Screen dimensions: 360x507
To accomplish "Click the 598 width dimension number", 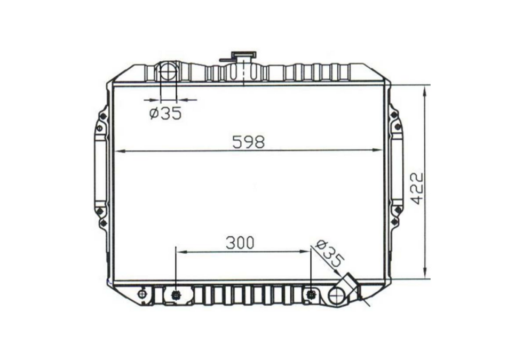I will [x=248, y=142].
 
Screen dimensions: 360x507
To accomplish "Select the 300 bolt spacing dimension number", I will [x=240, y=243].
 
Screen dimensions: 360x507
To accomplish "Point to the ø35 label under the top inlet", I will [x=165, y=113].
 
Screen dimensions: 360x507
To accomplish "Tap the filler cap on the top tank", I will [x=243, y=55].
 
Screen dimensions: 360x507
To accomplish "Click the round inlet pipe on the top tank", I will [x=168, y=72].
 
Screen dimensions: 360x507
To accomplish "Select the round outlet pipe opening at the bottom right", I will [x=338, y=295].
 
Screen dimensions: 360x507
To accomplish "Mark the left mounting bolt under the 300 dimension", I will [x=176, y=295].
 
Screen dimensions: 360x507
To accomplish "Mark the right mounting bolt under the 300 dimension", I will [x=311, y=294].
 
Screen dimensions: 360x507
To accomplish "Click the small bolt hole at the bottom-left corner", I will [x=141, y=294].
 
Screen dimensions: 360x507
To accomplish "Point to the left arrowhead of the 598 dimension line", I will [x=118, y=151].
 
